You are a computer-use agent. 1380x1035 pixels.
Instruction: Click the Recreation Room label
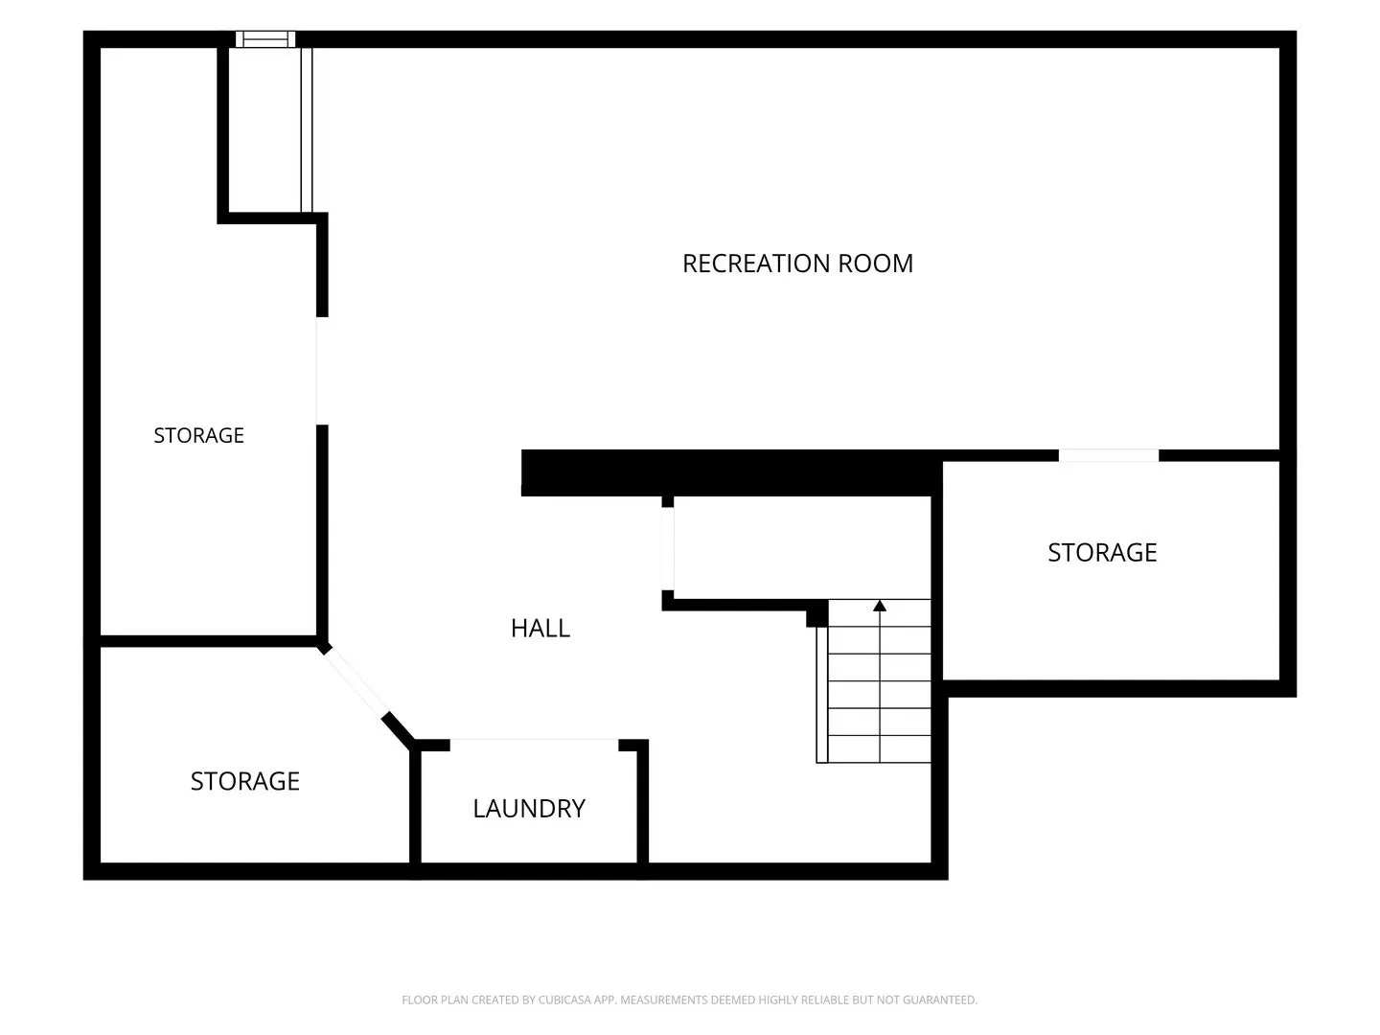pyautogui.click(x=797, y=264)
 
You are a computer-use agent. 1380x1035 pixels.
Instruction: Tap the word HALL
pyautogui.click(x=540, y=628)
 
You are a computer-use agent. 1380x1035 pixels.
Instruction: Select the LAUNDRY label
pyautogui.click(x=529, y=808)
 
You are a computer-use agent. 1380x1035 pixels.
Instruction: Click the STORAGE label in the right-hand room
pyautogui.click(x=1102, y=552)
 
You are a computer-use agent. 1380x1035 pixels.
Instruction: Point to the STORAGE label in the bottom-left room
pyautogui.click(x=244, y=781)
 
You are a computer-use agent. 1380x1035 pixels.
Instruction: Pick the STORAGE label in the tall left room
pyautogui.click(x=198, y=435)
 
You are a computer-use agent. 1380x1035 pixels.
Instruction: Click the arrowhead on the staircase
pyautogui.click(x=880, y=606)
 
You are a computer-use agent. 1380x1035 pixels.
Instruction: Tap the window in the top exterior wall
pyautogui.click(x=265, y=39)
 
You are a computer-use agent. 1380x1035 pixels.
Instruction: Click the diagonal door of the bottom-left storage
pyautogui.click(x=354, y=681)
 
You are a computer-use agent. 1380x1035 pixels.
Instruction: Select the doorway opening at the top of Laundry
pyautogui.click(x=535, y=745)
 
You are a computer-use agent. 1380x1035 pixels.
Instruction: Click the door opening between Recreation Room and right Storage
pyautogui.click(x=1109, y=455)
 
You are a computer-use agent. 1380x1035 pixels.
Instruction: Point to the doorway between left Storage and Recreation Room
pyautogui.click(x=322, y=371)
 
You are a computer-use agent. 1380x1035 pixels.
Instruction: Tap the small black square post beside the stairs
pyautogui.click(x=817, y=613)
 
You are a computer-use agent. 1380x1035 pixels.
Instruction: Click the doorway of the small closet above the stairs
pyautogui.click(x=668, y=548)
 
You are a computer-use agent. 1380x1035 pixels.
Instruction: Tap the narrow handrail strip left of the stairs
pyautogui.click(x=822, y=695)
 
